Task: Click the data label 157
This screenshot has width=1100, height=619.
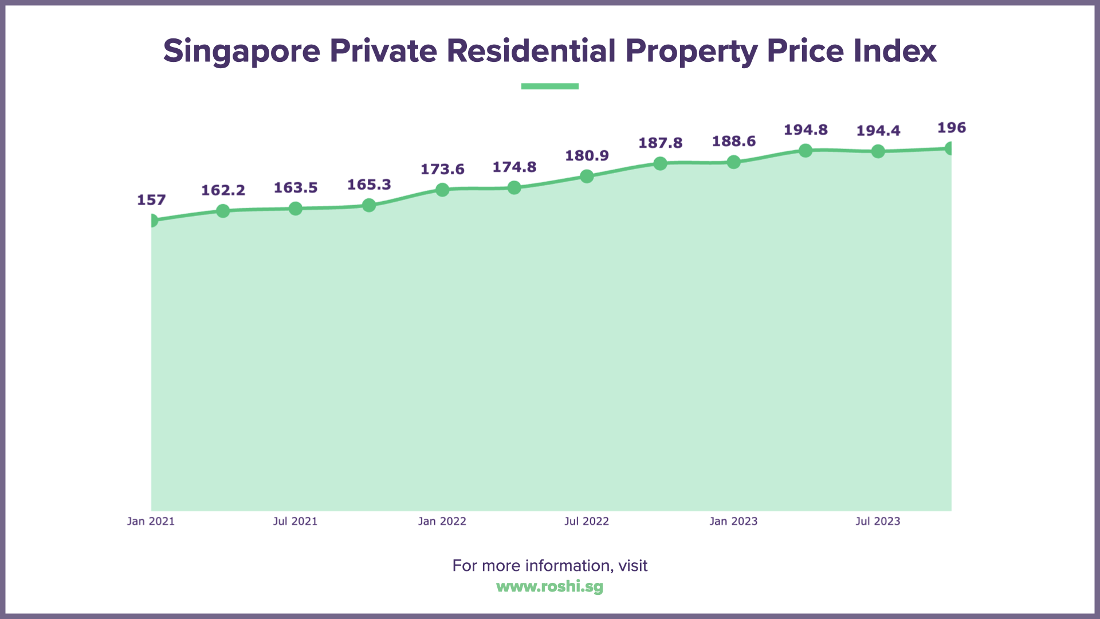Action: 151,200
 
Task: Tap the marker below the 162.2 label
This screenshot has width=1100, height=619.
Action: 223,211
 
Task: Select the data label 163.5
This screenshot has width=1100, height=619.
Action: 296,188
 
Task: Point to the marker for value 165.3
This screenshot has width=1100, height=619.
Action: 369,205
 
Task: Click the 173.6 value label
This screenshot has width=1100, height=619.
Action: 442,170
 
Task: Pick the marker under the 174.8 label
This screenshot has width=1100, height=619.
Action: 514,187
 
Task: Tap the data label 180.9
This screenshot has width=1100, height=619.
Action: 587,156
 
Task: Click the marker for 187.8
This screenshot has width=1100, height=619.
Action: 660,163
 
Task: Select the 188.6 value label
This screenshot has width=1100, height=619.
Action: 734,142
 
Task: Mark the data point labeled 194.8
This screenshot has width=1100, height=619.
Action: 806,151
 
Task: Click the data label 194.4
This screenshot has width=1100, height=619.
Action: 878,131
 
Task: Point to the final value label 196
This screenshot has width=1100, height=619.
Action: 951,128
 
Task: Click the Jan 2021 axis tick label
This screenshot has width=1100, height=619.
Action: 151,522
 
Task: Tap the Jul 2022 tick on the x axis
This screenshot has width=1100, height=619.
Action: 587,522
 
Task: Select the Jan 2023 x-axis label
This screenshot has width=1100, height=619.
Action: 733,522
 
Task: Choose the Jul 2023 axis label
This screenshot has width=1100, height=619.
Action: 878,522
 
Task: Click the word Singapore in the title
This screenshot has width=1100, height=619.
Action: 241,52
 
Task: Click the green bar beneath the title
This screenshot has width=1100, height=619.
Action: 550,87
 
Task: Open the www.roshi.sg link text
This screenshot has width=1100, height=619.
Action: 550,587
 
